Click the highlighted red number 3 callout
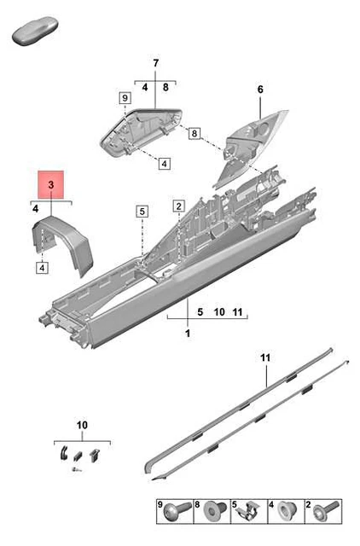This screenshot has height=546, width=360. point(51,184)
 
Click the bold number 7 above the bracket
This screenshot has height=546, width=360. point(155,63)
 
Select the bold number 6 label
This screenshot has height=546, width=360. point(260,90)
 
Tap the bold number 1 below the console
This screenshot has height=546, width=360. point(188,334)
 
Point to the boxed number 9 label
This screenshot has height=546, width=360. point(125,98)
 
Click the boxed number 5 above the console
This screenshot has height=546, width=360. point(142,212)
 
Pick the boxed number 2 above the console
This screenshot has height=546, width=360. point(178,206)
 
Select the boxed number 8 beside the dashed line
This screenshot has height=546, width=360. point(195,133)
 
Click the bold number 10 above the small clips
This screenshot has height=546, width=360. point(82,425)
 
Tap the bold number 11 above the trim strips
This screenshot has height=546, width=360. point(265,357)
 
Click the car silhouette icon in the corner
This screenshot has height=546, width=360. point(35,31)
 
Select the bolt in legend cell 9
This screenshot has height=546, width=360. point(177,511)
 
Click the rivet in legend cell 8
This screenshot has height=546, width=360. point(215,511)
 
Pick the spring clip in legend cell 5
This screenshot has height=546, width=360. point(248,512)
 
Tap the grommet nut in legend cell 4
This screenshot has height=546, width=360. point(287,511)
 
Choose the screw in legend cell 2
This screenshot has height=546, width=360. point(327,511)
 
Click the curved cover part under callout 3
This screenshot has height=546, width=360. point(62,245)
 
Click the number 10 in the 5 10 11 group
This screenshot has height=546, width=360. point(219,312)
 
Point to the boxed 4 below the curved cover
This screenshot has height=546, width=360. point(42,268)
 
